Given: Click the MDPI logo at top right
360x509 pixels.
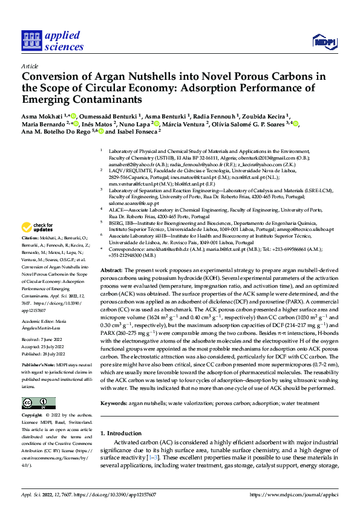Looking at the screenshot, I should point(324,41).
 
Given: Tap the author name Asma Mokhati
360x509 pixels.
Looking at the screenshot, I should point(43,115).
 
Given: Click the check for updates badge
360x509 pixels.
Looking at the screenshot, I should point(37,228).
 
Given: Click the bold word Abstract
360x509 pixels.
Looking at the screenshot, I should point(111,270).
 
